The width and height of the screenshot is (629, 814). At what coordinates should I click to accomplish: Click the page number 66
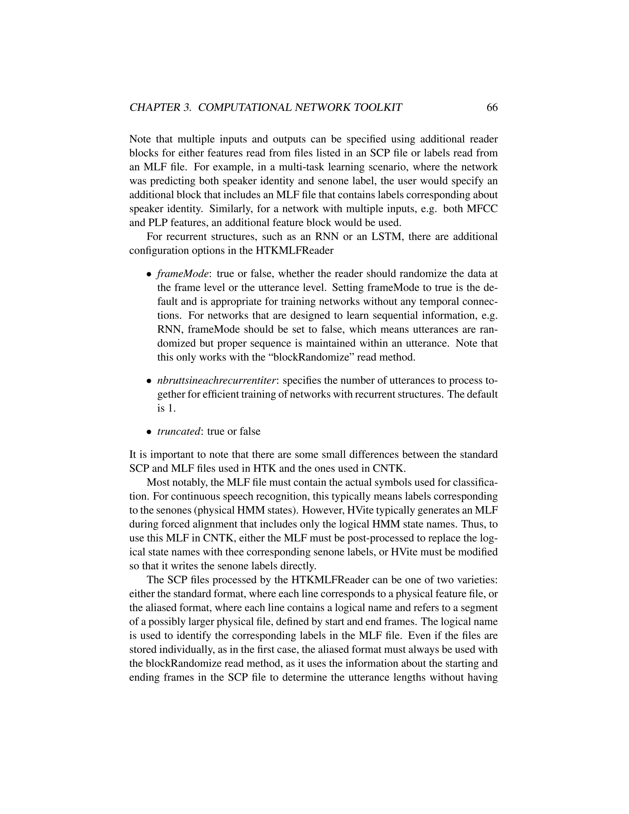coord(492,108)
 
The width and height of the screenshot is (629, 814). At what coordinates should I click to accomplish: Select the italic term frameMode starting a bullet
coord(182,274)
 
